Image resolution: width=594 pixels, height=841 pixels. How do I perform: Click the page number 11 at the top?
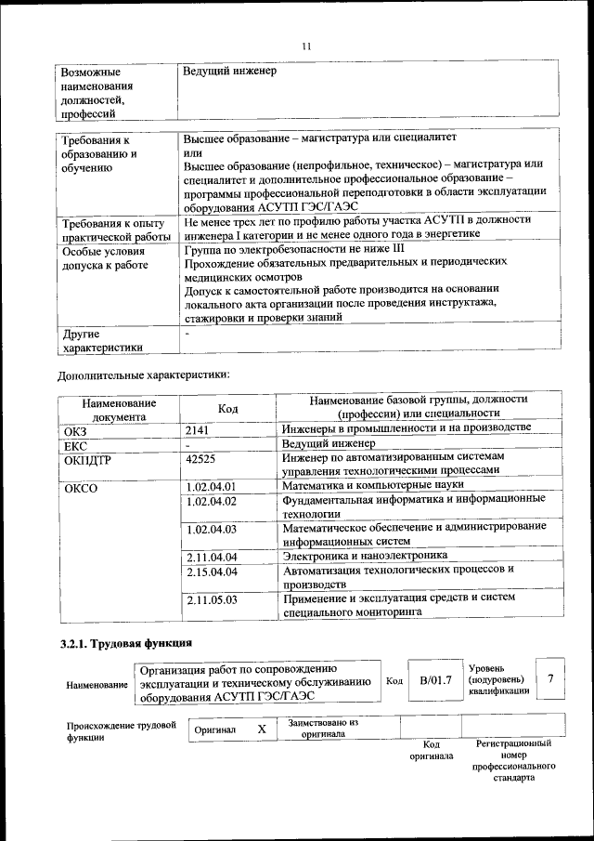(307, 47)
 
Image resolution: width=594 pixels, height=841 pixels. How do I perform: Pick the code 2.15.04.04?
(212, 572)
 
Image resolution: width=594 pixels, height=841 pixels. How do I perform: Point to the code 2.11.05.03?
(212, 600)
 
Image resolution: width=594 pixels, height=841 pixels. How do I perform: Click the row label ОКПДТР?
(88, 459)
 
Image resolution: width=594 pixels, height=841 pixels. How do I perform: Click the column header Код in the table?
(227, 409)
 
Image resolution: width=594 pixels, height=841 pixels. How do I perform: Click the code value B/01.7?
(435, 681)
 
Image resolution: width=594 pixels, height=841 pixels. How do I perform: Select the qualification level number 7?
(550, 679)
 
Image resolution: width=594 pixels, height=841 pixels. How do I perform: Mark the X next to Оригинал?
(262, 729)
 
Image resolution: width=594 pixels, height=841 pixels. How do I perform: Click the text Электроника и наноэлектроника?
(365, 556)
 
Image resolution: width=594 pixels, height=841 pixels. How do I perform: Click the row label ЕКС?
(75, 445)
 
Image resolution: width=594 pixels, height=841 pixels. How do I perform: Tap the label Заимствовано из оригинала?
(323, 728)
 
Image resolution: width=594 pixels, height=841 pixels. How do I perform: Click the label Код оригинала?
(432, 750)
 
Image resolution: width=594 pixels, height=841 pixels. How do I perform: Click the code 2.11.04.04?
(212, 557)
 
